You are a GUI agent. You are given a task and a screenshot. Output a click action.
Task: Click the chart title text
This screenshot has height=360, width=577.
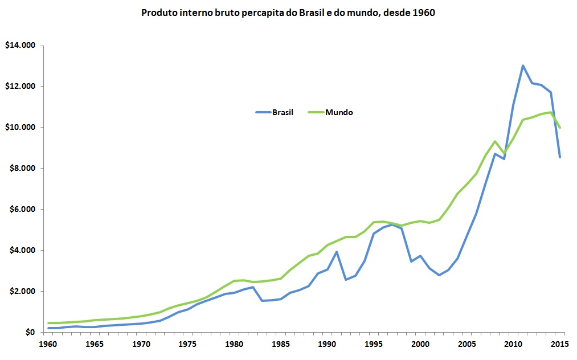(x=288, y=13)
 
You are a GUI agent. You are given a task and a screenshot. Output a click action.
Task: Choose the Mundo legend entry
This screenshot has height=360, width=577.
(x=331, y=112)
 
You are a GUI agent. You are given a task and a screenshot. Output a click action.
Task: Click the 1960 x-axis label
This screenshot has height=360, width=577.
(x=48, y=344)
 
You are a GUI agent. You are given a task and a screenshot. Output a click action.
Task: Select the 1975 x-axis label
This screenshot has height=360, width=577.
(x=187, y=344)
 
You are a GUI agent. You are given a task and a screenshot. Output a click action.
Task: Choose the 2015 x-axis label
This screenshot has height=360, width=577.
(x=560, y=344)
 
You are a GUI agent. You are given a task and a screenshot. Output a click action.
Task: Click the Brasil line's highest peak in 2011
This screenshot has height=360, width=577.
(x=523, y=66)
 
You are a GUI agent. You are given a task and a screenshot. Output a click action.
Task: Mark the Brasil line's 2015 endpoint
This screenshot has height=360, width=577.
(x=560, y=157)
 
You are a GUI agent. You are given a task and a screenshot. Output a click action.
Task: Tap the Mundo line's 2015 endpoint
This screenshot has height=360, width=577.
(x=560, y=128)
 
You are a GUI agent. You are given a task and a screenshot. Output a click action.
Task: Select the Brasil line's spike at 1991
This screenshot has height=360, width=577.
(x=337, y=252)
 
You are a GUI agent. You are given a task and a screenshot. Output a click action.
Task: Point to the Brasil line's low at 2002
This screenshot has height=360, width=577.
(x=439, y=275)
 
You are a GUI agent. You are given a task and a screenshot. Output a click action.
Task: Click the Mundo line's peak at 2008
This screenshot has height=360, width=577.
(x=495, y=141)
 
